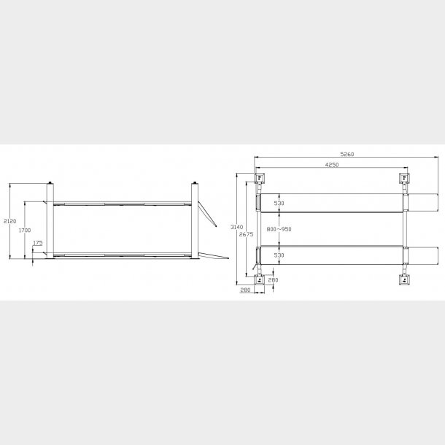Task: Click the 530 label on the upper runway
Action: (x=277, y=204)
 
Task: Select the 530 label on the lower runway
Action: (x=277, y=255)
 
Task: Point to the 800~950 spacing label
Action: (x=279, y=229)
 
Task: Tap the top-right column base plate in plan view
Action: (x=403, y=178)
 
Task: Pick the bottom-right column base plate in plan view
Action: (x=403, y=279)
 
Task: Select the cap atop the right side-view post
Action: (x=195, y=182)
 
